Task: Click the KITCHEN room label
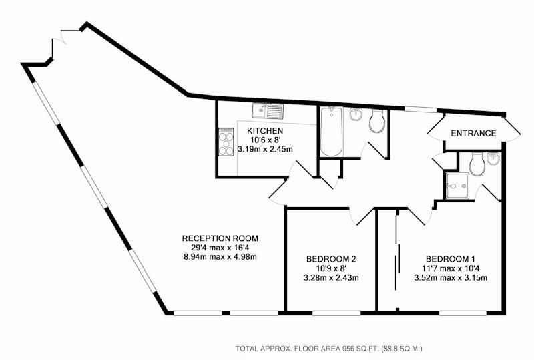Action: (265, 130)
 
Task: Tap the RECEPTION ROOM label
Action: (220, 238)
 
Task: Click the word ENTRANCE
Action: (473, 134)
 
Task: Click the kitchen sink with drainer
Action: (268, 111)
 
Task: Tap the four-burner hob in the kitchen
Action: (226, 142)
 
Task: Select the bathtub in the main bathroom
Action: (331, 132)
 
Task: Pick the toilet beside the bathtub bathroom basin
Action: (377, 121)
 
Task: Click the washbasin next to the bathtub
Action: (356, 114)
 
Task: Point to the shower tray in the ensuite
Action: (457, 186)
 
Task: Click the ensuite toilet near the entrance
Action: (477, 164)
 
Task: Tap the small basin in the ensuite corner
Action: (493, 159)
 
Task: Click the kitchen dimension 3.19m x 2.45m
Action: (265, 149)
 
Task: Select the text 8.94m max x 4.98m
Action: (220, 256)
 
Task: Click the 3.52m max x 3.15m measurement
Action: (451, 277)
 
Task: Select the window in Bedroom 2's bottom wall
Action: (336, 313)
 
